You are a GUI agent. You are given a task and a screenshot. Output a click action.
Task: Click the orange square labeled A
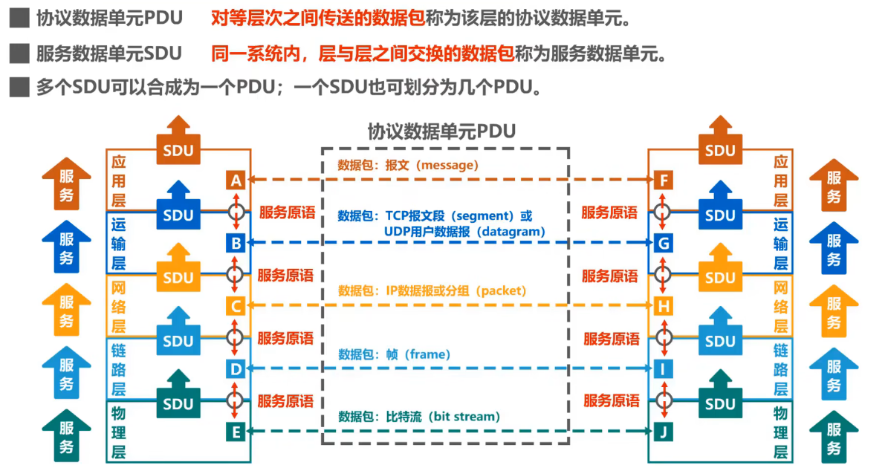pyautogui.click(x=236, y=180)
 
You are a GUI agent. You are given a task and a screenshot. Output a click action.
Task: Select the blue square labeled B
pyautogui.click(x=236, y=243)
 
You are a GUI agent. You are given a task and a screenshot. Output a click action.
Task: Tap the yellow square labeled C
pyautogui.click(x=236, y=305)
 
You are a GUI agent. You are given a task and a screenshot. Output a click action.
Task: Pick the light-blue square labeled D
pyautogui.click(x=236, y=368)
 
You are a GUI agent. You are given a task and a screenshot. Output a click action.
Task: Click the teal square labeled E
pyautogui.click(x=236, y=431)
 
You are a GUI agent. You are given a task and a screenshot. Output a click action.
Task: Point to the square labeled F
pyautogui.click(x=664, y=180)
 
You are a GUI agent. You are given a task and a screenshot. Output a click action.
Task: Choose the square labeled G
pyautogui.click(x=664, y=243)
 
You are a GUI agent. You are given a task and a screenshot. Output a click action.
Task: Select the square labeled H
pyautogui.click(x=664, y=305)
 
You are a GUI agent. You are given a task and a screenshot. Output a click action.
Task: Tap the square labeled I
pyautogui.click(x=664, y=368)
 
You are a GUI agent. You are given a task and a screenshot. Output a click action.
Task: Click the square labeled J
pyautogui.click(x=664, y=431)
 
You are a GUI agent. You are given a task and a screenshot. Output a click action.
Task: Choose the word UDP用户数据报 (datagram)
pyautogui.click(x=464, y=232)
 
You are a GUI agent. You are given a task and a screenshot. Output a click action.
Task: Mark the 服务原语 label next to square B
pyautogui.click(x=286, y=275)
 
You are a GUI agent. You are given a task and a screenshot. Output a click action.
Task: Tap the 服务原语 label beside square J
pyautogui.click(x=611, y=401)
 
